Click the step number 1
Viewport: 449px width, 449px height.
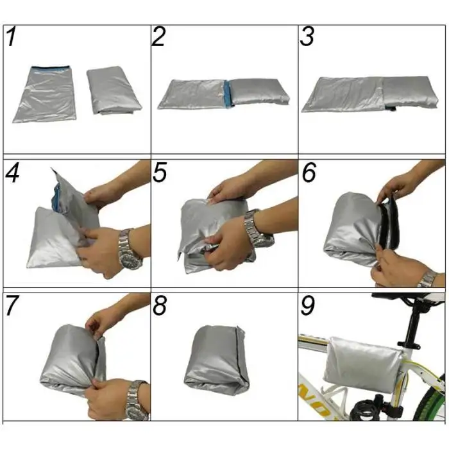(12, 37)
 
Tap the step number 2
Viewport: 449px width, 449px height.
(158, 37)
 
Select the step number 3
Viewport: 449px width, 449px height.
(307, 37)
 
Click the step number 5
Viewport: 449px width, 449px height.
(160, 172)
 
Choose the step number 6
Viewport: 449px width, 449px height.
(309, 172)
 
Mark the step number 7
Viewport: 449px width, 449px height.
(12, 305)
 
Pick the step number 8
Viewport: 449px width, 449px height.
(160, 305)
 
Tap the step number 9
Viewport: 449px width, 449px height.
(308, 305)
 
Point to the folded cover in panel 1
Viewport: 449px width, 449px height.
(114, 90)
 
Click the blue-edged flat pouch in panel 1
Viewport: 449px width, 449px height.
(45, 94)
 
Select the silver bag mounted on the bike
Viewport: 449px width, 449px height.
(363, 361)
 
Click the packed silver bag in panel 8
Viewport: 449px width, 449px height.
(217, 360)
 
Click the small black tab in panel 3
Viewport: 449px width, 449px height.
(390, 108)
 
